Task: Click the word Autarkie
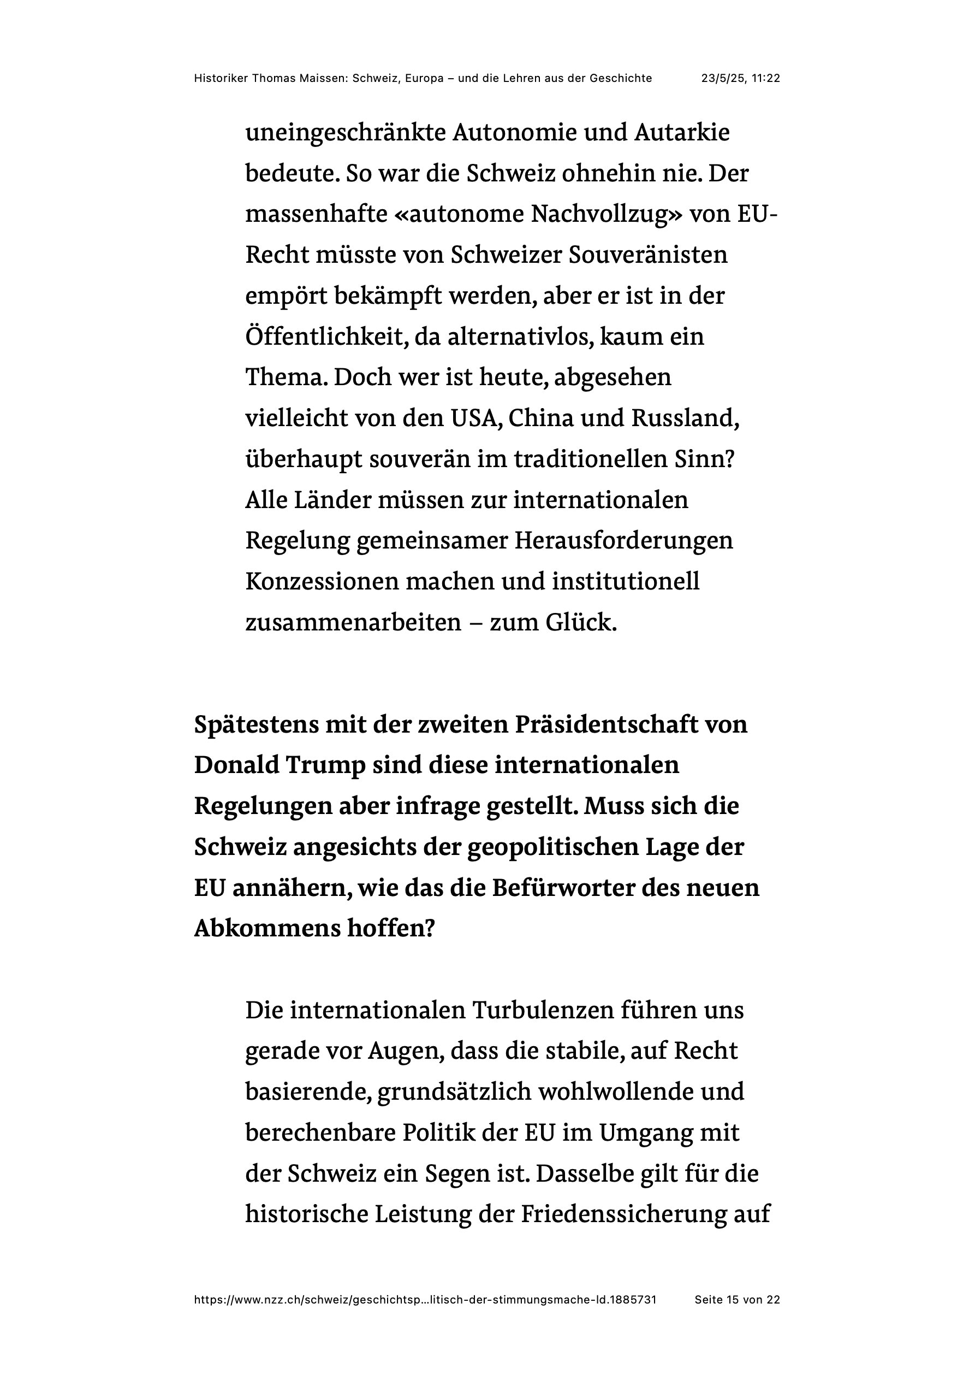pyautogui.click(x=682, y=133)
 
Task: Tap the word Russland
pyautogui.click(x=685, y=418)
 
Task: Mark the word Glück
pyautogui.click(x=581, y=623)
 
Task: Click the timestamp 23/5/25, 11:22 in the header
pyautogui.click(x=740, y=78)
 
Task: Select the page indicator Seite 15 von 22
pyautogui.click(x=737, y=1300)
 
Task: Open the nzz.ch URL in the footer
pyautogui.click(x=425, y=1300)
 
